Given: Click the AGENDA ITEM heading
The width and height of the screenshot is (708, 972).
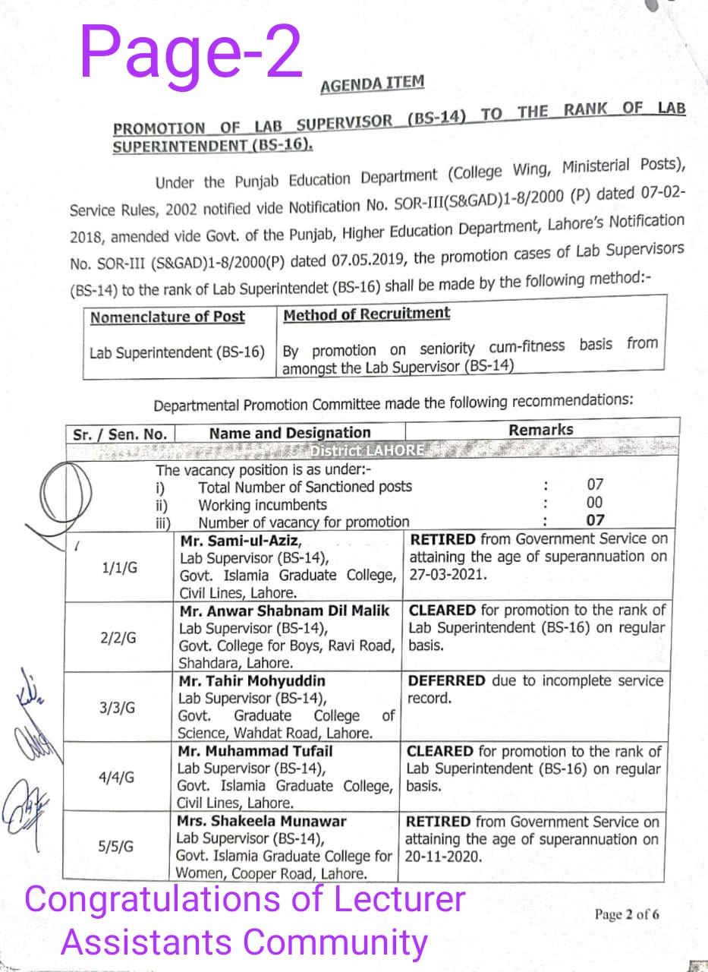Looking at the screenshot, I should [372, 84].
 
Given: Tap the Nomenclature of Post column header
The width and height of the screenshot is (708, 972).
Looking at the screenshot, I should [167, 317].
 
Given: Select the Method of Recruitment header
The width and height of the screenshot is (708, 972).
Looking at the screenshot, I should [366, 314].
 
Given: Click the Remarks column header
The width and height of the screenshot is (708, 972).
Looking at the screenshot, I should [540, 430].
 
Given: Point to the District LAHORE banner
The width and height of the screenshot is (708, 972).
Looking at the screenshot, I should [367, 450].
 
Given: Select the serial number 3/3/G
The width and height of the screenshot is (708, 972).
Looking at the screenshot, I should [118, 708].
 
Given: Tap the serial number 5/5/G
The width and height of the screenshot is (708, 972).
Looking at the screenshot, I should [117, 847].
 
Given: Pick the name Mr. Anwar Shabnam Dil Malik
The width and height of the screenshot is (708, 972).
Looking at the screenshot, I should [285, 611].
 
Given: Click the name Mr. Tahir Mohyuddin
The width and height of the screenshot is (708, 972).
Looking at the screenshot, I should [251, 680].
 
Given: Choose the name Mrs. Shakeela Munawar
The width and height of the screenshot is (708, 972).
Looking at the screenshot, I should [261, 822].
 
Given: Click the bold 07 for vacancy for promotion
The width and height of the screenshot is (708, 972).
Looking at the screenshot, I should [596, 521].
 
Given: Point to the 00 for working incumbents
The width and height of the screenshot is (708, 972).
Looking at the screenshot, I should [596, 503].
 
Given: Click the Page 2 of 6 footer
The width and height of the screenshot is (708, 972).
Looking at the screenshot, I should [627, 914].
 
